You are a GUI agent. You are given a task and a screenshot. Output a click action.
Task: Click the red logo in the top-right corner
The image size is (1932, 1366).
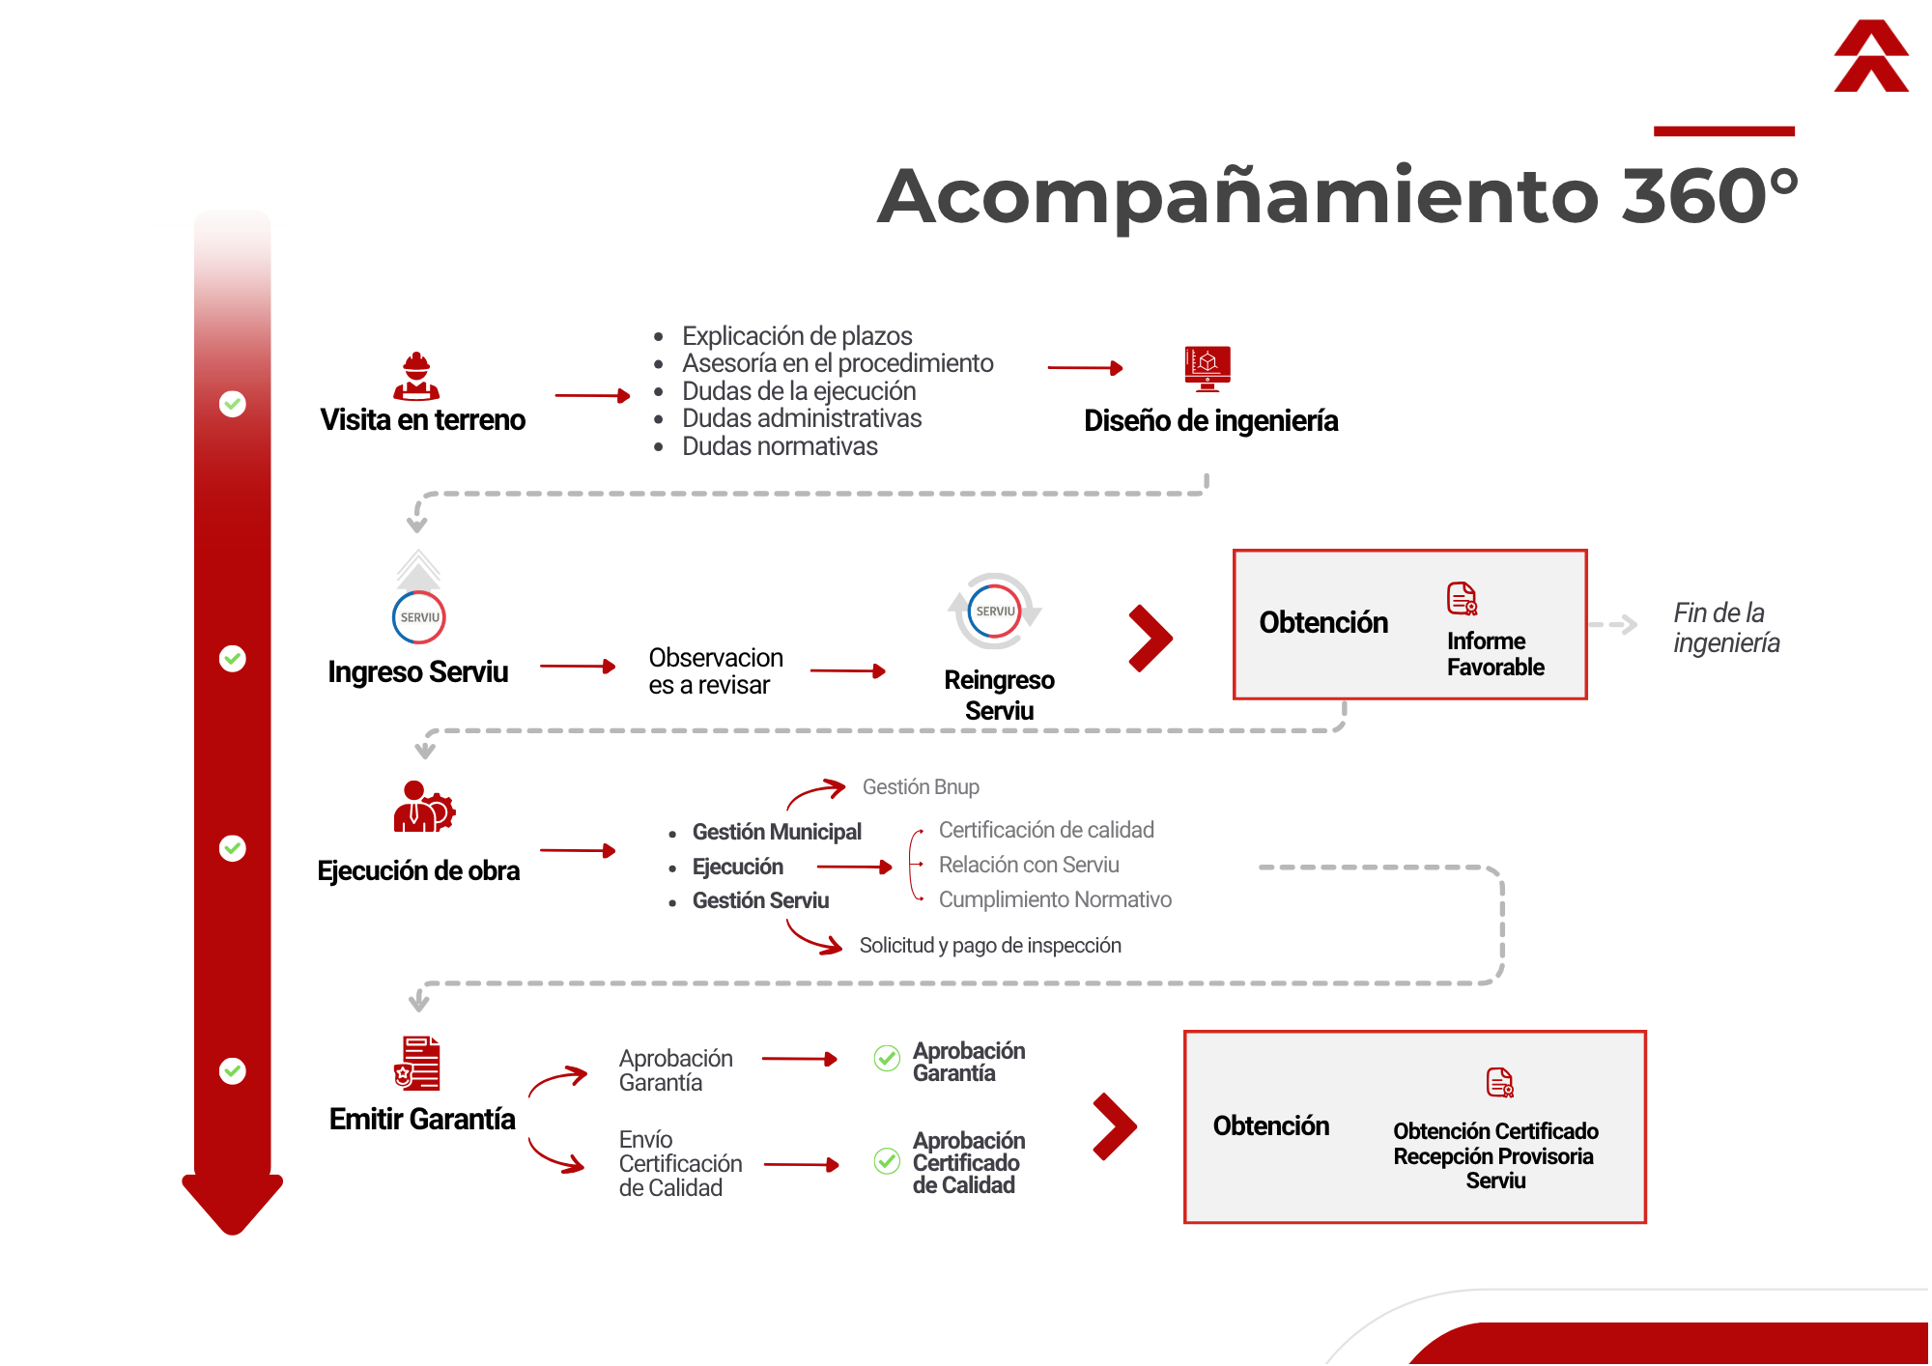(1871, 56)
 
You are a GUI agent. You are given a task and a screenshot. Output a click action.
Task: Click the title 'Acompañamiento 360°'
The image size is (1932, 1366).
(1338, 196)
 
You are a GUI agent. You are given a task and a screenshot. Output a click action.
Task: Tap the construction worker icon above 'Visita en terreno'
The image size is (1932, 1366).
(416, 376)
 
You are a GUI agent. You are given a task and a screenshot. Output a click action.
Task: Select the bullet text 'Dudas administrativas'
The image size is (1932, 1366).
(802, 418)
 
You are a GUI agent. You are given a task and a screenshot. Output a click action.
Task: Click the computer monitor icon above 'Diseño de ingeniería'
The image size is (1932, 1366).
(1207, 368)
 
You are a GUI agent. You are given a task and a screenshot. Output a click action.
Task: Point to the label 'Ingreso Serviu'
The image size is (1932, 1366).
(418, 671)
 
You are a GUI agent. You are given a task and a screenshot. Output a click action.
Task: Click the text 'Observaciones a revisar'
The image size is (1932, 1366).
(716, 671)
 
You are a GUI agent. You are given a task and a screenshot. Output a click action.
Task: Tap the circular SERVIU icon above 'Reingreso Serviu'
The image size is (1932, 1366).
(995, 612)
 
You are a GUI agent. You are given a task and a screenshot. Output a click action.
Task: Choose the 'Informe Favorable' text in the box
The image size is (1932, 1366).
(1495, 654)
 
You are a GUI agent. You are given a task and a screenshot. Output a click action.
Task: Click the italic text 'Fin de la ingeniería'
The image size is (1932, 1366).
(1726, 628)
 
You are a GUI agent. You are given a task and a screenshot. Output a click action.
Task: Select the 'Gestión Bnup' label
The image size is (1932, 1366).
(921, 787)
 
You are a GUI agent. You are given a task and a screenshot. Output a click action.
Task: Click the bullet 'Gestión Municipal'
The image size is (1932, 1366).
(777, 832)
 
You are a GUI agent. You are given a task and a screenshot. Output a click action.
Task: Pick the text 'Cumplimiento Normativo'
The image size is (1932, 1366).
(1055, 899)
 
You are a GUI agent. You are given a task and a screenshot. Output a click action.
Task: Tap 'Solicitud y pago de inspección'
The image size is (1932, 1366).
(990, 945)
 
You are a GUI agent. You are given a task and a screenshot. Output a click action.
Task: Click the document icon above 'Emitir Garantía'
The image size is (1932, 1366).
(417, 1064)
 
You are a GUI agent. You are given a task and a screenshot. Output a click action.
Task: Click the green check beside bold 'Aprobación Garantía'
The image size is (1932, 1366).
(887, 1059)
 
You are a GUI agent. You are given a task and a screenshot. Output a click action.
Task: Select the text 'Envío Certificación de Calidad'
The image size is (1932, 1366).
(680, 1163)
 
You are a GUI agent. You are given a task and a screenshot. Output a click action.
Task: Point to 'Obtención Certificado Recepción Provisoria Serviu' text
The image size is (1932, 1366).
(1495, 1155)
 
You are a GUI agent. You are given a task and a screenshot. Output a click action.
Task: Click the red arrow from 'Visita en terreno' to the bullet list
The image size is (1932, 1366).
(592, 396)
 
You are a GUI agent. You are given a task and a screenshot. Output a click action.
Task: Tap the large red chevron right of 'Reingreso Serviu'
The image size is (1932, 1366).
(1151, 639)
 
